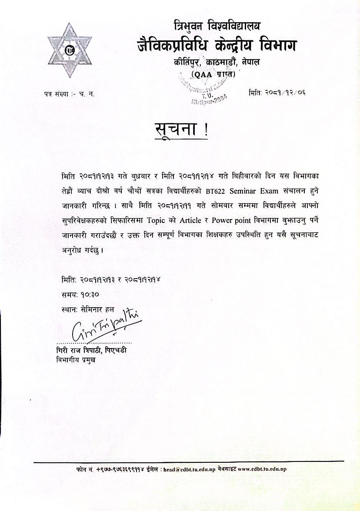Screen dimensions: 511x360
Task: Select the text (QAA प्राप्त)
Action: point(213,74)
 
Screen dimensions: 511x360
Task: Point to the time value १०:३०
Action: point(90,294)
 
